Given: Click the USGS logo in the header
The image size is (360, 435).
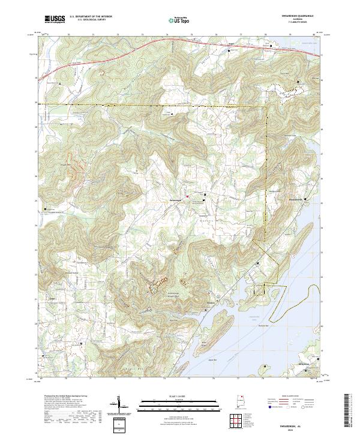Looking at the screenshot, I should click(55, 19).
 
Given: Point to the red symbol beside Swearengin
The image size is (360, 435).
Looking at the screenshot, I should click(187, 196).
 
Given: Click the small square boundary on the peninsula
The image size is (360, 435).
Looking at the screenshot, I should click(259, 290).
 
